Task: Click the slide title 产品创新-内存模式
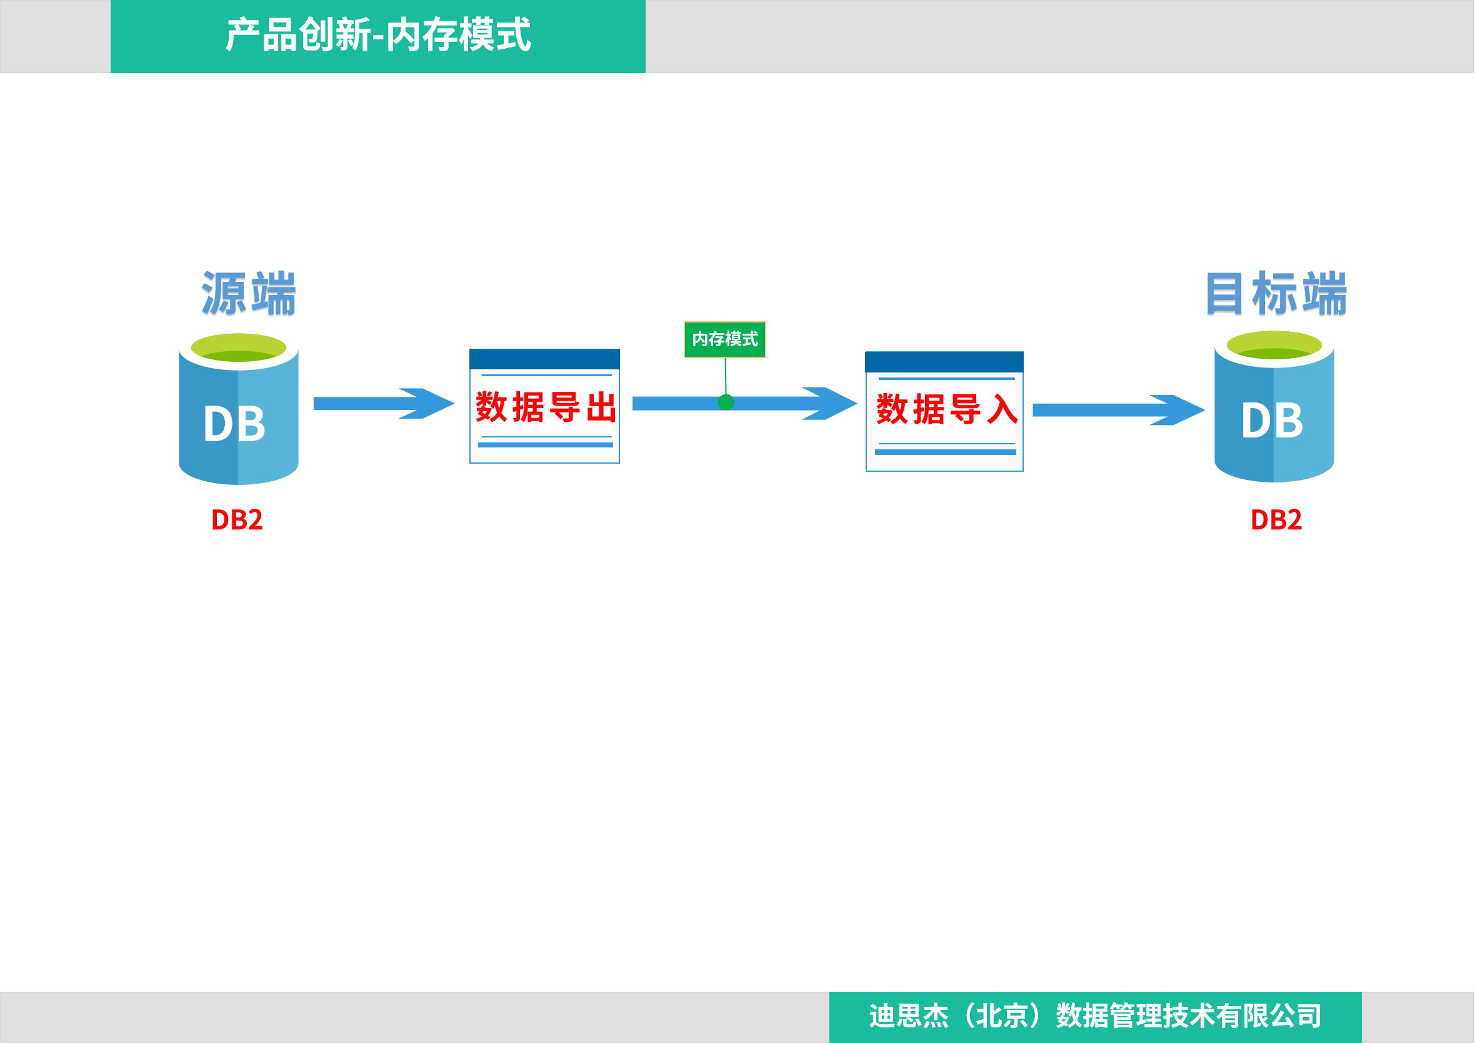(x=377, y=36)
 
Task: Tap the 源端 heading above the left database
(x=249, y=294)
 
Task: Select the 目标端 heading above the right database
(x=1275, y=294)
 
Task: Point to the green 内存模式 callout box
(x=724, y=339)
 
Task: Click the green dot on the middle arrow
(x=726, y=402)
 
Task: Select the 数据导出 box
(x=545, y=407)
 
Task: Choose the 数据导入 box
(x=944, y=411)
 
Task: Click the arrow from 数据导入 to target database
(x=1118, y=410)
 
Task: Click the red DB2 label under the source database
(x=237, y=521)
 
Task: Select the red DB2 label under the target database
(x=1276, y=520)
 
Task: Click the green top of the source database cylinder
(x=238, y=348)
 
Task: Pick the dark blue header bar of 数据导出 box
(x=545, y=358)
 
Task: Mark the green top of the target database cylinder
(x=1274, y=346)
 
